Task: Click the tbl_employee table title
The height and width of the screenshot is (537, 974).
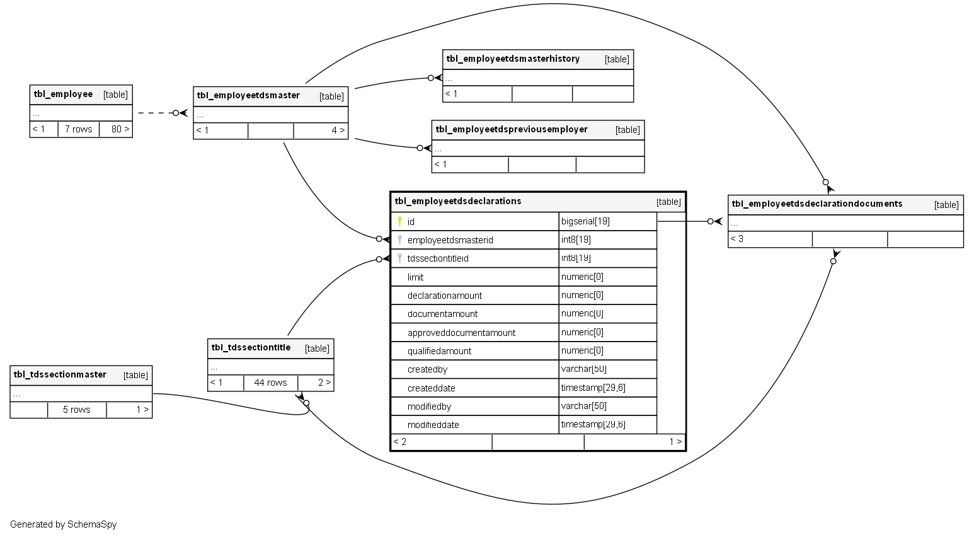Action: click(63, 95)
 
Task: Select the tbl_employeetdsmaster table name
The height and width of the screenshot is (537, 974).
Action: click(248, 96)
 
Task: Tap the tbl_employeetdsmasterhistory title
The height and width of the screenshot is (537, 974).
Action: click(513, 59)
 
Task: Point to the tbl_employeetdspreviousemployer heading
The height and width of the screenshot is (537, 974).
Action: click(512, 130)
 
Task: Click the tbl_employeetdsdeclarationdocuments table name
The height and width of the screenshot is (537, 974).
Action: click(817, 204)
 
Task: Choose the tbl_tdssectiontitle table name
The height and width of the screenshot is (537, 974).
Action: click(251, 348)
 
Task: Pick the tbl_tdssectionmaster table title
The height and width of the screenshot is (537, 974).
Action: click(60, 375)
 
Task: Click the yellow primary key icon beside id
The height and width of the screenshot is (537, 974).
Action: click(399, 221)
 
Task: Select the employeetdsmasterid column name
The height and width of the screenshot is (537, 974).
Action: click(450, 240)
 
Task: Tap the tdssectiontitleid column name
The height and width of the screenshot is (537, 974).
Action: click(438, 258)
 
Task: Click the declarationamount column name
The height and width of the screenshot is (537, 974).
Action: click(445, 296)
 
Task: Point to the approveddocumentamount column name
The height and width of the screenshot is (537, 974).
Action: click(461, 333)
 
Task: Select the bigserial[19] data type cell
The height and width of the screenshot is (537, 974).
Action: click(585, 221)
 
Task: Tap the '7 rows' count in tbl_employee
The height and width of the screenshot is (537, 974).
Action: click(79, 129)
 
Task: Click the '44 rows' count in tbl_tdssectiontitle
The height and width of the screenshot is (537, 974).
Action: click(270, 383)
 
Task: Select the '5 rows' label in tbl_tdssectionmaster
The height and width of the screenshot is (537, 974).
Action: click(77, 410)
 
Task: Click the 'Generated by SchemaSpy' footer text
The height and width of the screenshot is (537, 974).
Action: click(63, 524)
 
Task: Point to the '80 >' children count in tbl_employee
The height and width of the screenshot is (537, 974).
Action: click(120, 129)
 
